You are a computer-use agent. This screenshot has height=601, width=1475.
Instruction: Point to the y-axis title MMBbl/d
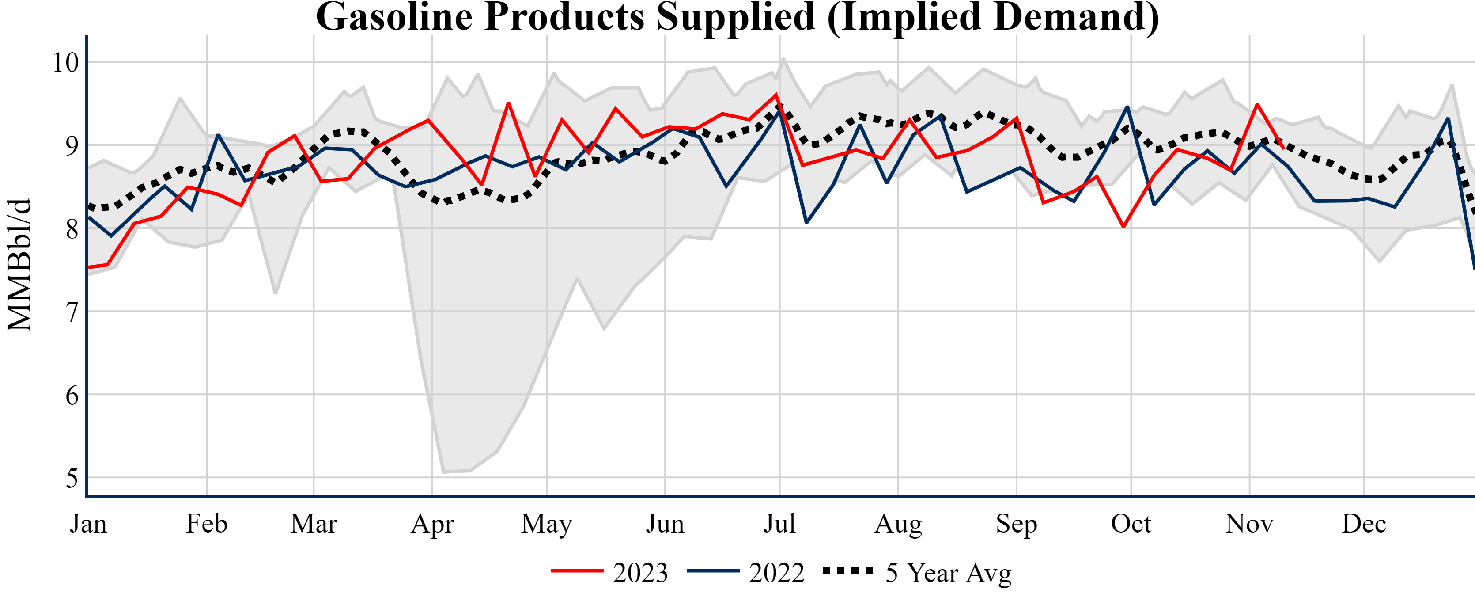click(x=19, y=265)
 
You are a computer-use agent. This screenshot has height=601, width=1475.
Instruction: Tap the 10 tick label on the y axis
click(x=65, y=62)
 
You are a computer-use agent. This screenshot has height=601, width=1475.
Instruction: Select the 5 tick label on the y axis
click(x=72, y=478)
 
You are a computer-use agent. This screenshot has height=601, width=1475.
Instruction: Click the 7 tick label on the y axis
click(x=72, y=312)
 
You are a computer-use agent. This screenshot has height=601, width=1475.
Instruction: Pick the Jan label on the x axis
click(x=88, y=523)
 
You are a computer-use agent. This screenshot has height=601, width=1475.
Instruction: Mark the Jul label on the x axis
click(x=779, y=523)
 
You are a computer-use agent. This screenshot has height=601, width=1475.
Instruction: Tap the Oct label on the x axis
click(x=1131, y=523)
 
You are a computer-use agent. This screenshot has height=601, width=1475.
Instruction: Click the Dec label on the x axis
click(x=1364, y=523)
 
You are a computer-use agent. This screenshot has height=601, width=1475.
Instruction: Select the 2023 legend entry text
click(x=640, y=572)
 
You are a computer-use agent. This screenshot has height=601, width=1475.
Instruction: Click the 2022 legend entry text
click(x=776, y=572)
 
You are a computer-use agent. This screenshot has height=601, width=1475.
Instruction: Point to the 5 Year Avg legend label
click(x=948, y=572)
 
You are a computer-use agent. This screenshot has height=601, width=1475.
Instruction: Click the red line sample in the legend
click(x=577, y=571)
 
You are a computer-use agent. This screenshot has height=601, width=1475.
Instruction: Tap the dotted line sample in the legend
click(x=848, y=571)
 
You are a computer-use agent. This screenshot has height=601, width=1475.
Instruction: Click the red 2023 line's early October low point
click(x=1124, y=226)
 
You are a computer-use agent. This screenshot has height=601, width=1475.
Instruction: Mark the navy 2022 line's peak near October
click(x=1127, y=107)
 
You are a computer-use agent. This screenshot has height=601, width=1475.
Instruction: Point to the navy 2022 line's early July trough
click(x=806, y=222)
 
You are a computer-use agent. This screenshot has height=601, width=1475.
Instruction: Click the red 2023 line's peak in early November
click(x=1257, y=104)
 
